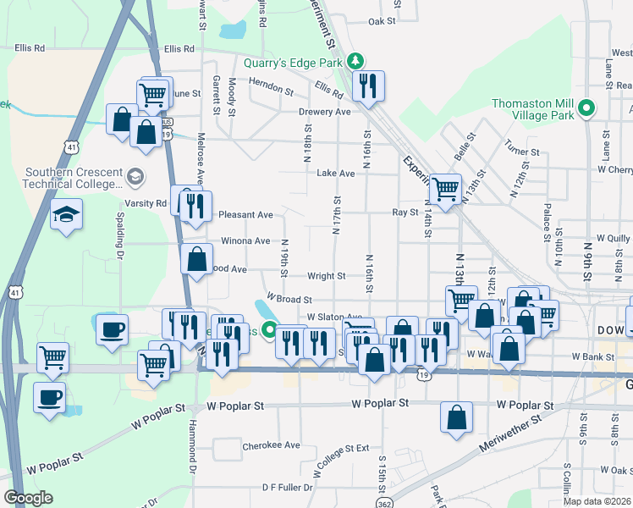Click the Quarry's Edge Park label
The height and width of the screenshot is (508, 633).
pos(292,62)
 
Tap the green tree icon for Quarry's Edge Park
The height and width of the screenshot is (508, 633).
pos(356,61)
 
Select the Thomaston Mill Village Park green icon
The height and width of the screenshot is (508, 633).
pos(585,108)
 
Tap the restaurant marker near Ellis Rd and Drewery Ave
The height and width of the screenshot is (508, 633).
pos(368,86)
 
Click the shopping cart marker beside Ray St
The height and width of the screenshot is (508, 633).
pos(445,189)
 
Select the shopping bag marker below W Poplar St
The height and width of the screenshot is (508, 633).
pos(456,417)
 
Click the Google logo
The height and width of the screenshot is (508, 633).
pos(28,498)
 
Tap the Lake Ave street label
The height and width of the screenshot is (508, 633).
pos(335,174)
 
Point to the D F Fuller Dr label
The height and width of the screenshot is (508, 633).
pos(288,487)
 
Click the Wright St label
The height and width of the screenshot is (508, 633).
pos(326,276)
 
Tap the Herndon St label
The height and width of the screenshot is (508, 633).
pos(271,86)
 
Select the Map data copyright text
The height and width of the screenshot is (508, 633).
pos(597,501)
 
